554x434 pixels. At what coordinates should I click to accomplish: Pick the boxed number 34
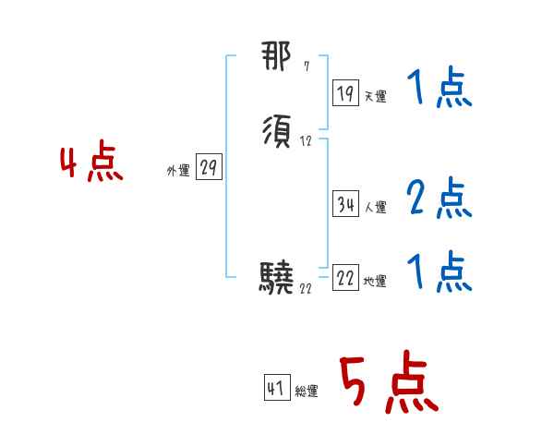[346, 205]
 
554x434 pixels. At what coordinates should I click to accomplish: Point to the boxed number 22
[346, 279]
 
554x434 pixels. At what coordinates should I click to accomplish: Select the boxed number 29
[209, 168]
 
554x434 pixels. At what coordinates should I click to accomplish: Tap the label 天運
[376, 96]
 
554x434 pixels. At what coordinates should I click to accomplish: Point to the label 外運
[178, 172]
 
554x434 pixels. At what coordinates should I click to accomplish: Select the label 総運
[307, 392]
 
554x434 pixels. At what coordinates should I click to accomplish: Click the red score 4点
[91, 164]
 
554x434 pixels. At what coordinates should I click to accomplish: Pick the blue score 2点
[439, 198]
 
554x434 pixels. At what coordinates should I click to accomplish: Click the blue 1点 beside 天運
[439, 90]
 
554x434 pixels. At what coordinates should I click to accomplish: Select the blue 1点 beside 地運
[439, 272]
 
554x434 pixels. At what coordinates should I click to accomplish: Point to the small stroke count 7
[307, 66]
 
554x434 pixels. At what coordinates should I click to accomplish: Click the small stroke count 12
[306, 142]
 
